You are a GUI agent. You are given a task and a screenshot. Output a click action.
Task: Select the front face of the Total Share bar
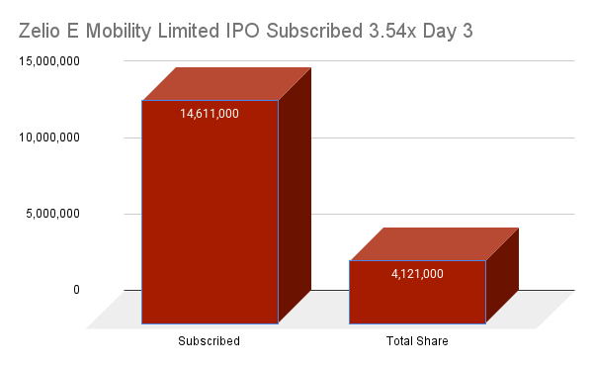pyautogui.click(x=417, y=297)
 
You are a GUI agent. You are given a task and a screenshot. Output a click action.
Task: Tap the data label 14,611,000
pyautogui.click(x=210, y=114)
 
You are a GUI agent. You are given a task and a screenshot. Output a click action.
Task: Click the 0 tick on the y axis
pyautogui.click(x=103, y=290)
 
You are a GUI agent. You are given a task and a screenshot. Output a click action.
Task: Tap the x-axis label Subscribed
pyautogui.click(x=210, y=341)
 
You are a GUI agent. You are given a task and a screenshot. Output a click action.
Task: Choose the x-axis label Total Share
pyautogui.click(x=417, y=341)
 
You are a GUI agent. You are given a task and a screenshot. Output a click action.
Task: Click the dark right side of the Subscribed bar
pyautogui.click(x=294, y=198)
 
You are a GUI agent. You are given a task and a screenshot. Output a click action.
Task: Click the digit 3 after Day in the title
pyautogui.click(x=466, y=31)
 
